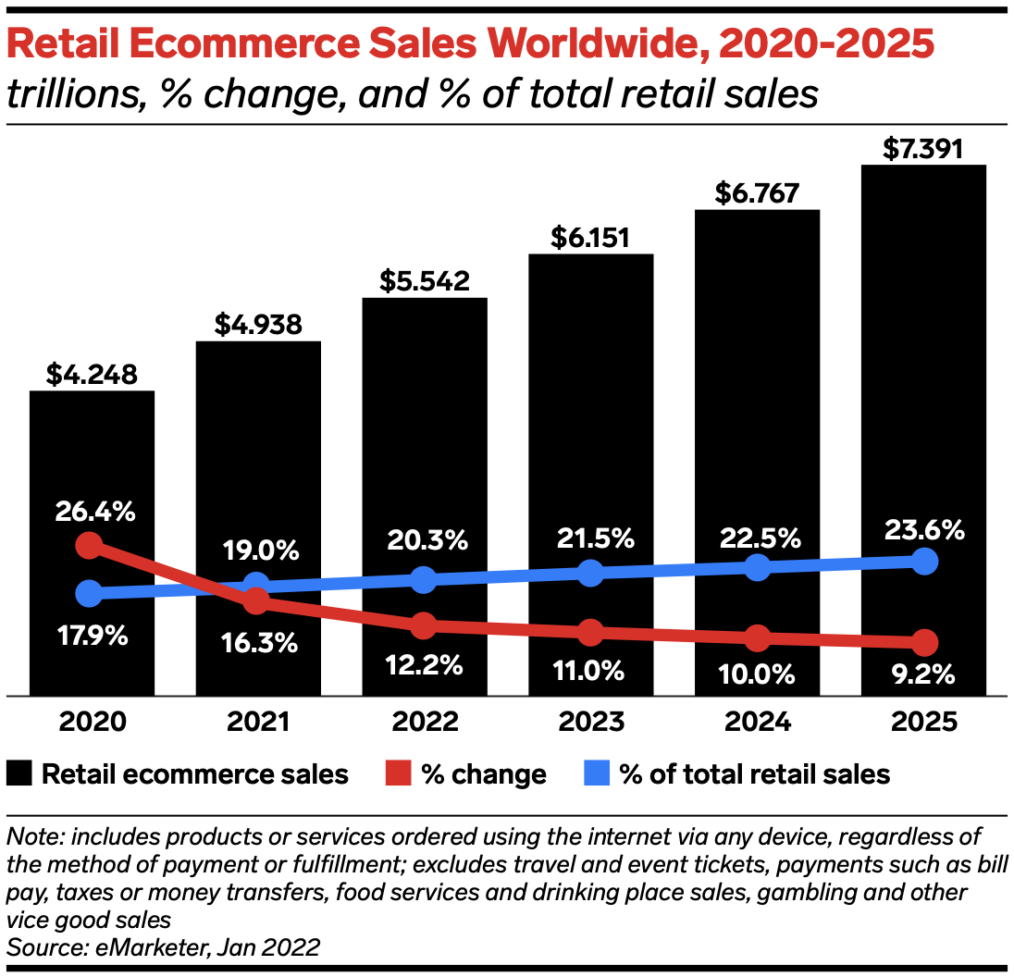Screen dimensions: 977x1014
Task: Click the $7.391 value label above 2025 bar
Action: point(923,148)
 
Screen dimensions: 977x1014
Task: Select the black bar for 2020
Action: point(92,463)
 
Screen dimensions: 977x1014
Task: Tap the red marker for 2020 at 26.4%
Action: point(89,544)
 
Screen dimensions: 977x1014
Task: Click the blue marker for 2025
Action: point(923,561)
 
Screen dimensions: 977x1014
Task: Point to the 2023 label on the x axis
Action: point(590,721)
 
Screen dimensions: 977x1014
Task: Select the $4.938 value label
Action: point(258,325)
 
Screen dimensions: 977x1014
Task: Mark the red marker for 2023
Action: point(590,633)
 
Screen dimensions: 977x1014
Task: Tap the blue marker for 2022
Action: point(424,580)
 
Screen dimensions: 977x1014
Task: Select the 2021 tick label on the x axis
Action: point(258,721)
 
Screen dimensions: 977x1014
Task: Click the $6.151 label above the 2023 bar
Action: point(590,238)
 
